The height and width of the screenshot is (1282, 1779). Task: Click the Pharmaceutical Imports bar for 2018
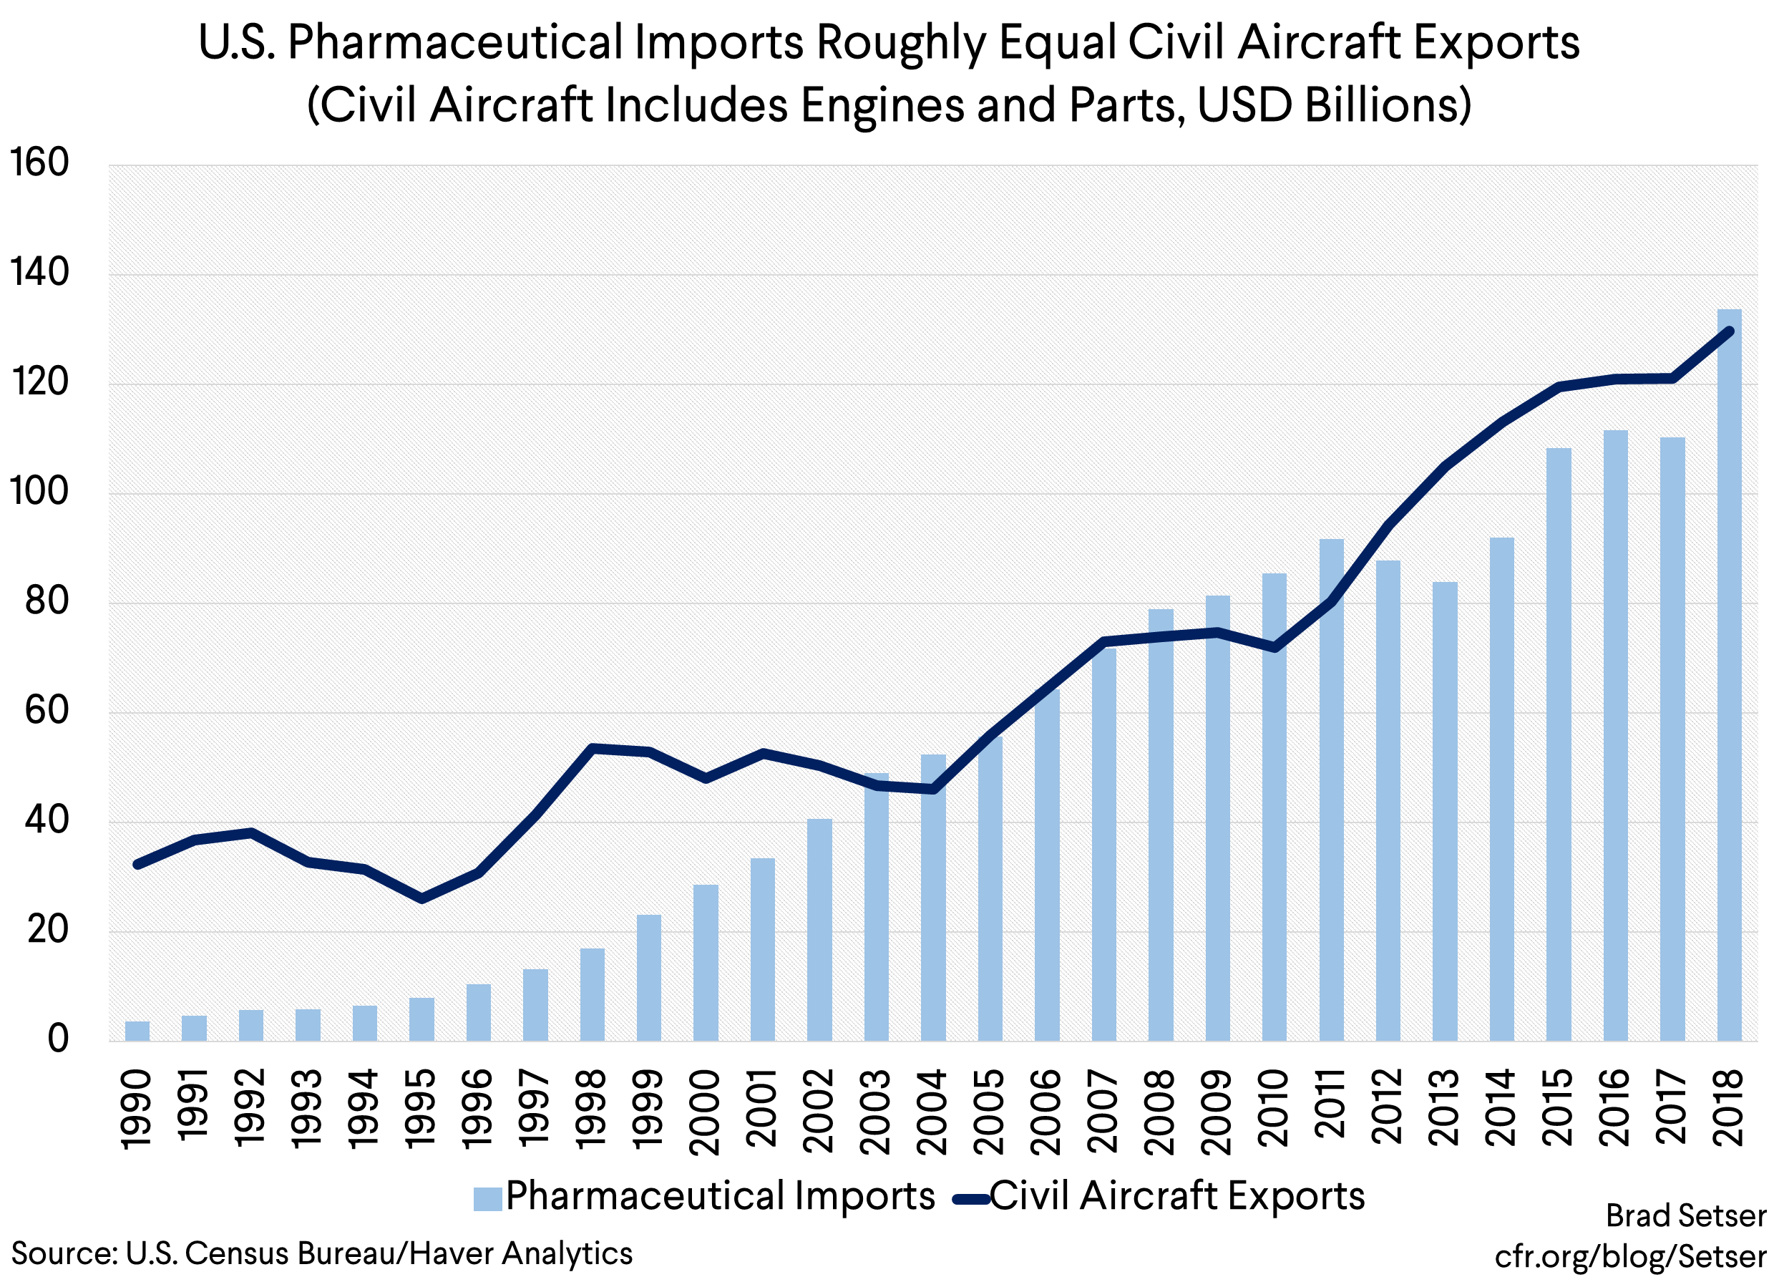click(x=1729, y=675)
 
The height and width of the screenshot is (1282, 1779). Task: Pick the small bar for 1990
click(x=137, y=1031)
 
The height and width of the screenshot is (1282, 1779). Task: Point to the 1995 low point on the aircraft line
click(x=422, y=898)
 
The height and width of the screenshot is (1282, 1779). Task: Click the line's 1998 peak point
click(x=593, y=749)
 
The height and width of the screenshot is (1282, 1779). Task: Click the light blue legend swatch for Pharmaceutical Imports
click(x=487, y=1199)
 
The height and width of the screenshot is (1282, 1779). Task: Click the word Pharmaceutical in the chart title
click(x=454, y=42)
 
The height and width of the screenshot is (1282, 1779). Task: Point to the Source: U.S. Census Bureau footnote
click(x=321, y=1253)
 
